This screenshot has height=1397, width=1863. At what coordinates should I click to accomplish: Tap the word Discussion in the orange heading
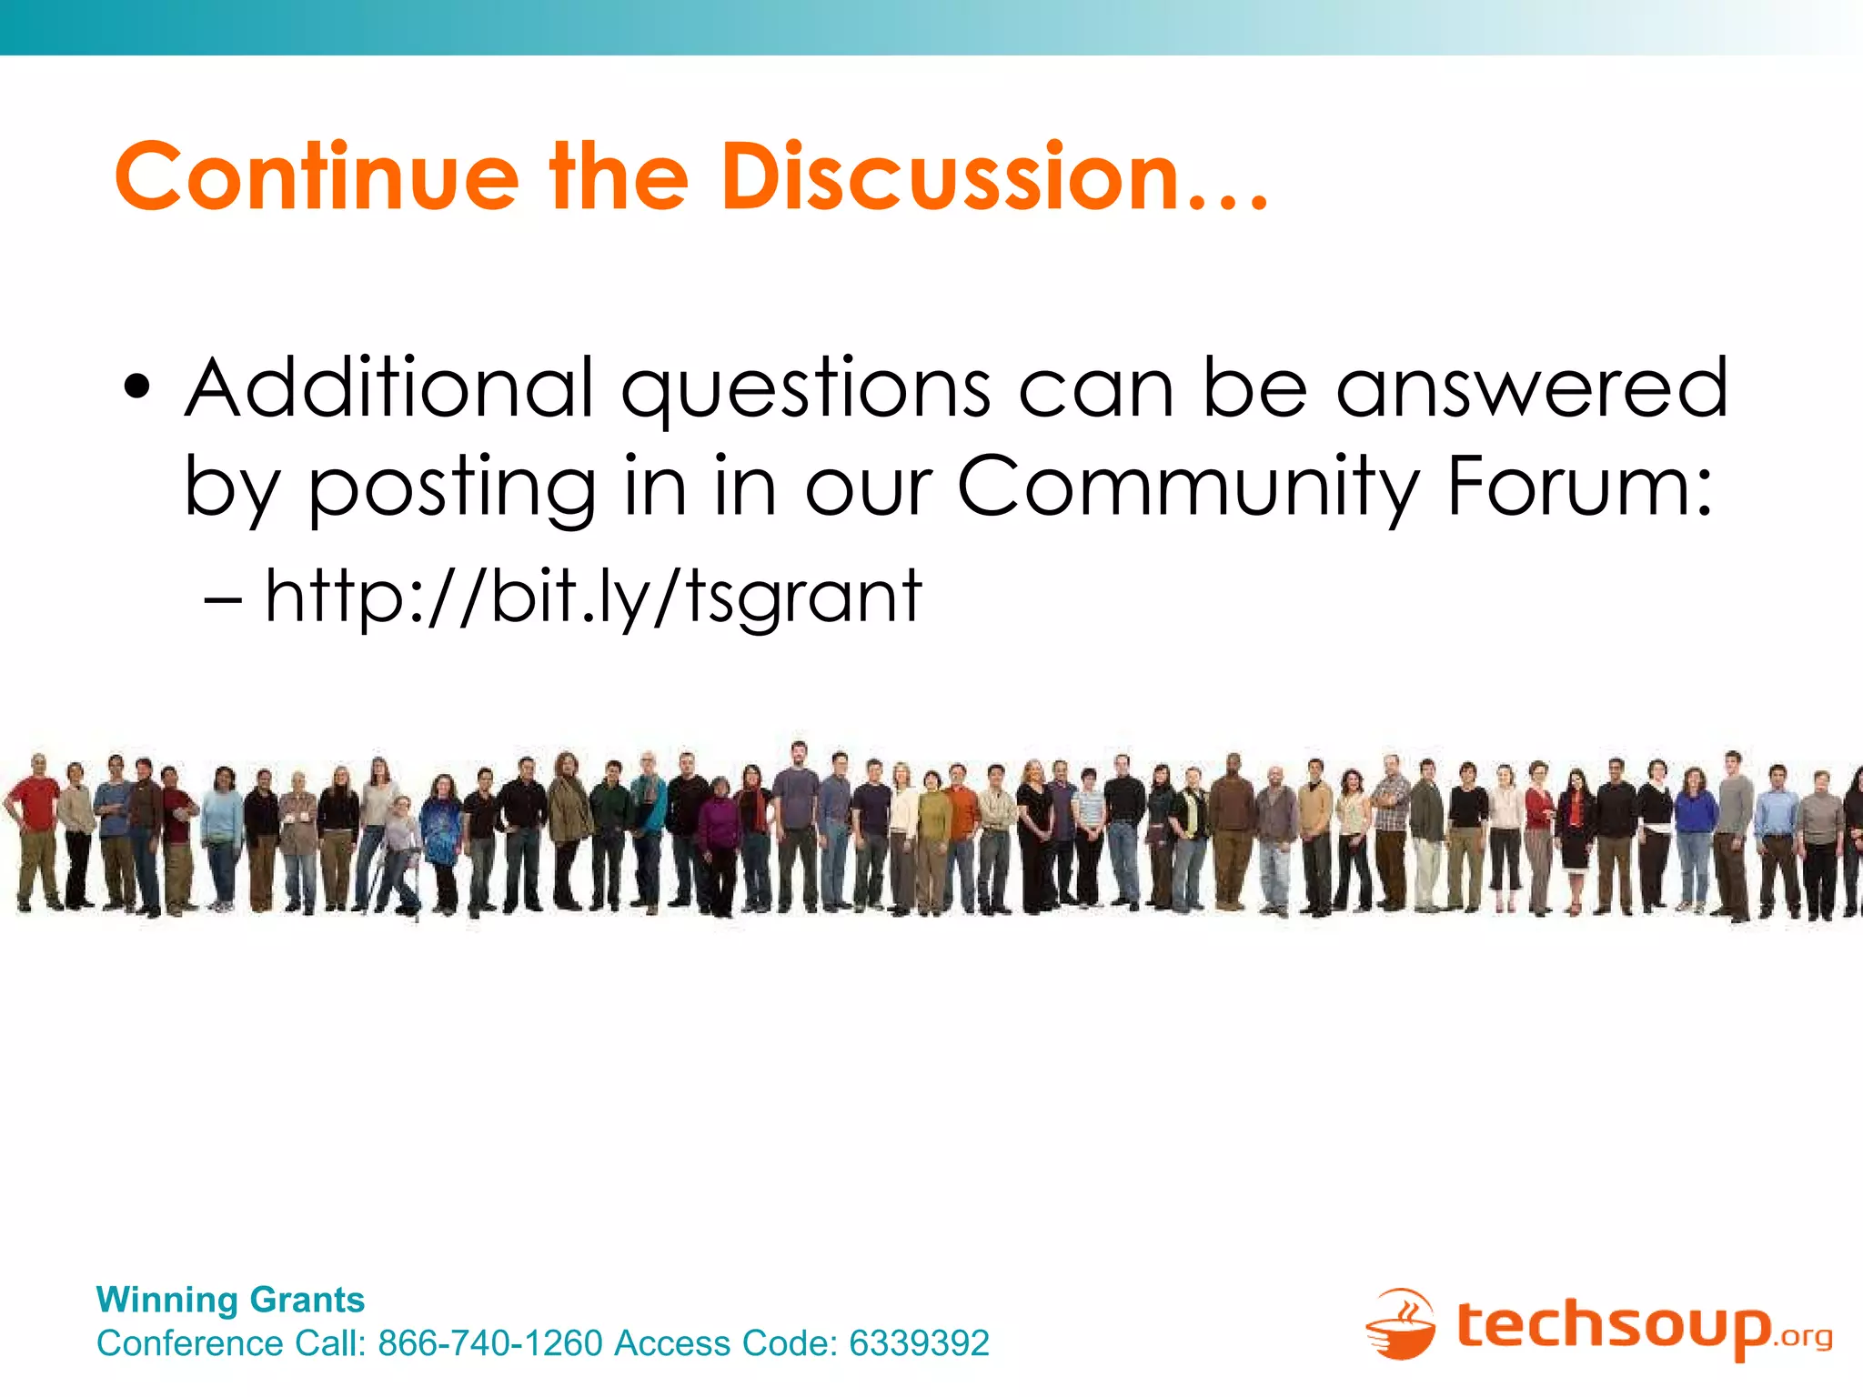pyautogui.click(x=950, y=177)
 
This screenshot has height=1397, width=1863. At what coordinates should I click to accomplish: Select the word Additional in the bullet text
pyautogui.click(x=389, y=388)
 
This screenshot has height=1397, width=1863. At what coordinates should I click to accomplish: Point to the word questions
pyautogui.click(x=805, y=391)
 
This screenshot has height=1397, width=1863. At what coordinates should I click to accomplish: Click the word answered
pyautogui.click(x=1532, y=388)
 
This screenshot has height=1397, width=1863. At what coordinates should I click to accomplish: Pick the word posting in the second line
pyautogui.click(x=452, y=489)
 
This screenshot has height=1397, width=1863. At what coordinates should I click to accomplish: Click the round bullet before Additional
pyautogui.click(x=137, y=388)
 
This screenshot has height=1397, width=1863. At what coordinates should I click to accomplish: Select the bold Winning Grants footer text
pyautogui.click(x=230, y=1300)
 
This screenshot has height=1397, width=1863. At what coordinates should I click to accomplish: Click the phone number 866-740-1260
pyautogui.click(x=490, y=1343)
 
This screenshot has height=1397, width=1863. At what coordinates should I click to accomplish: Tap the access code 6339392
pyautogui.click(x=919, y=1343)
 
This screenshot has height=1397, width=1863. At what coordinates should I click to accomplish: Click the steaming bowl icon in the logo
pyautogui.click(x=1400, y=1325)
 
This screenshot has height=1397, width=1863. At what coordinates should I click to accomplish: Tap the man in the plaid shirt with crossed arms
pyautogui.click(x=1391, y=828)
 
